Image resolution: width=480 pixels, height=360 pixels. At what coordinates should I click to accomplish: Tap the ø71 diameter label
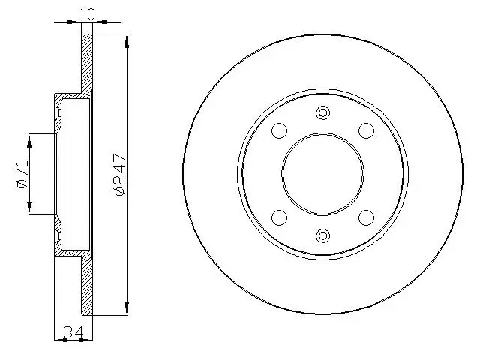coord(22,173)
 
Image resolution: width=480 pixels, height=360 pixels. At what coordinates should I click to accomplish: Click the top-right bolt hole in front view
coord(366,130)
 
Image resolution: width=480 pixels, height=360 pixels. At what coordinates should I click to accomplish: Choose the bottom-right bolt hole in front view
coord(366,217)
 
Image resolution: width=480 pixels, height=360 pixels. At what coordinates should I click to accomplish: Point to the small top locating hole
coord(322,113)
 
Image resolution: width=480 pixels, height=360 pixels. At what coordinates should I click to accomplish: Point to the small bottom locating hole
coord(322,235)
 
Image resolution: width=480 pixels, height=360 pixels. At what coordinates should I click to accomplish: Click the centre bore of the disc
coord(322,174)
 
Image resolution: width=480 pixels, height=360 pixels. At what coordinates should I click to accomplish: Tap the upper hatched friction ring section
coord(86,64)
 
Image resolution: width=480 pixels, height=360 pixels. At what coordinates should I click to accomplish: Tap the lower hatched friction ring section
coord(86,285)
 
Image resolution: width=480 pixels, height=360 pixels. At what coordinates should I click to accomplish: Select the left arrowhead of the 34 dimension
coord(60,340)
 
